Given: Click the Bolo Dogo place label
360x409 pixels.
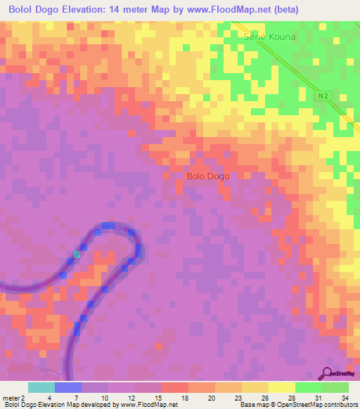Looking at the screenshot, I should (x=208, y=176).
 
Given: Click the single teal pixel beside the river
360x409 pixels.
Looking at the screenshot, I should (x=77, y=254).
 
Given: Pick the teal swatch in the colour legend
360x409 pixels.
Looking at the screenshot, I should (x=41, y=387).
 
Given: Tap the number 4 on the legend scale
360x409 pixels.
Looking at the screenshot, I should (x=49, y=398).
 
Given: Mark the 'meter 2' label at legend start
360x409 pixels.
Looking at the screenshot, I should (x=13, y=398).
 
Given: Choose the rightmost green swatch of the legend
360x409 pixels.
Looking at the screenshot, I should (x=335, y=387).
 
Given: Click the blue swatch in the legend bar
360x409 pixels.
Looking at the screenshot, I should (x=68, y=387).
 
